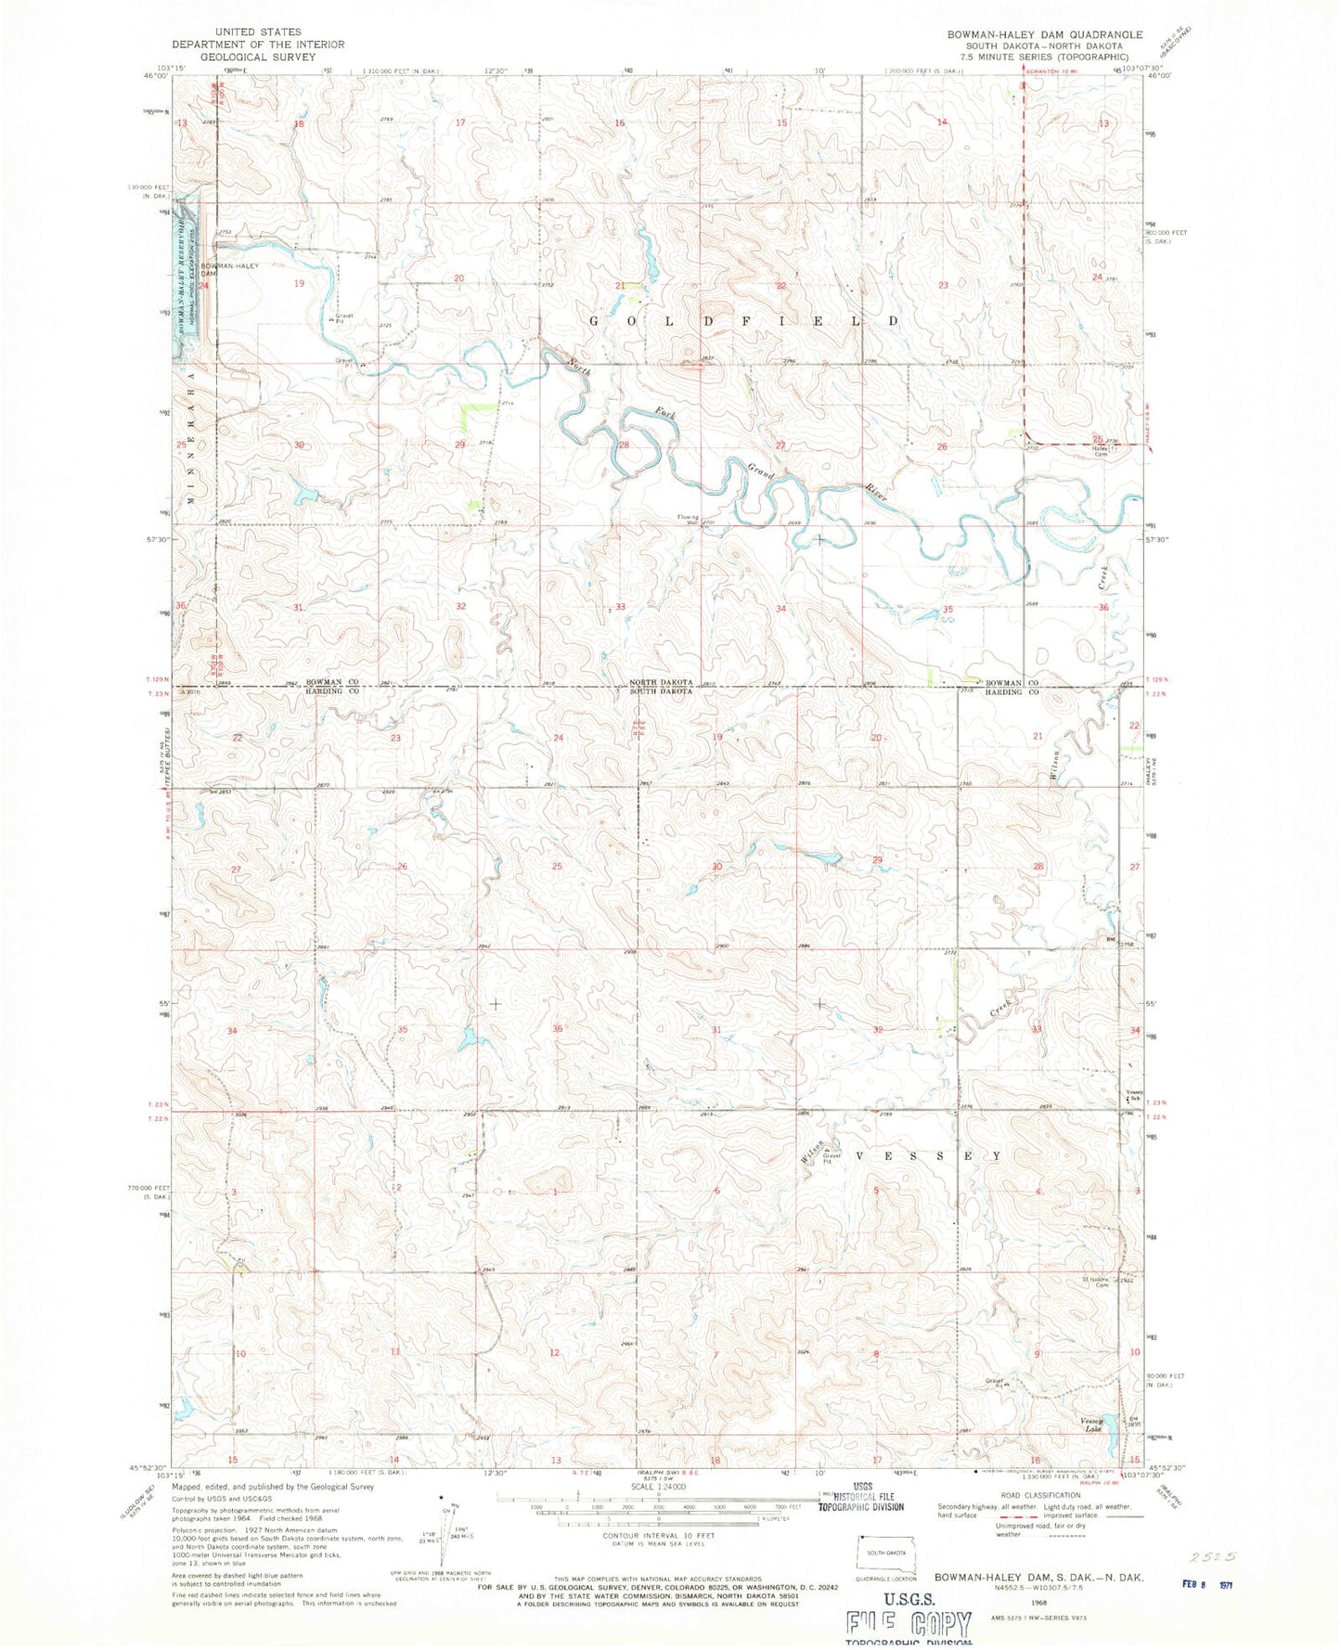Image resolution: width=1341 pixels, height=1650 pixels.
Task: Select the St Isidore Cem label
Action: pos(1097,1283)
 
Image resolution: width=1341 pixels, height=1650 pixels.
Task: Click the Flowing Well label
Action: pos(688,520)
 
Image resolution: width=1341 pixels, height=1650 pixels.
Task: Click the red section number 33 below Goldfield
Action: pos(620,606)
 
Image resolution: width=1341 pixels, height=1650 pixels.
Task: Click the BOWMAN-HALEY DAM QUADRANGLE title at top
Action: pos(1031,34)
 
